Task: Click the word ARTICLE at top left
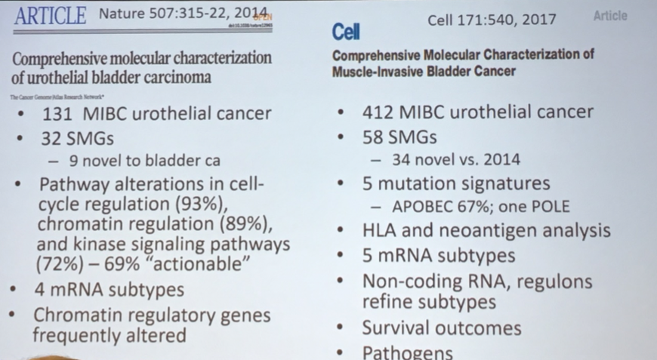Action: pyautogui.click(x=50, y=15)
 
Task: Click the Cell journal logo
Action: pyautogui.click(x=346, y=32)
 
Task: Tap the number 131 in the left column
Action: pyautogui.click(x=55, y=114)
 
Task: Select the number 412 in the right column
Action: pyautogui.click(x=378, y=112)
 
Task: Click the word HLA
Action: pyautogui.click(x=381, y=231)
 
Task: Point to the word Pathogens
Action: pyautogui.click(x=408, y=352)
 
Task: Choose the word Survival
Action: pyautogui.click(x=398, y=328)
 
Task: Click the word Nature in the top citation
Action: pyautogui.click(x=121, y=14)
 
